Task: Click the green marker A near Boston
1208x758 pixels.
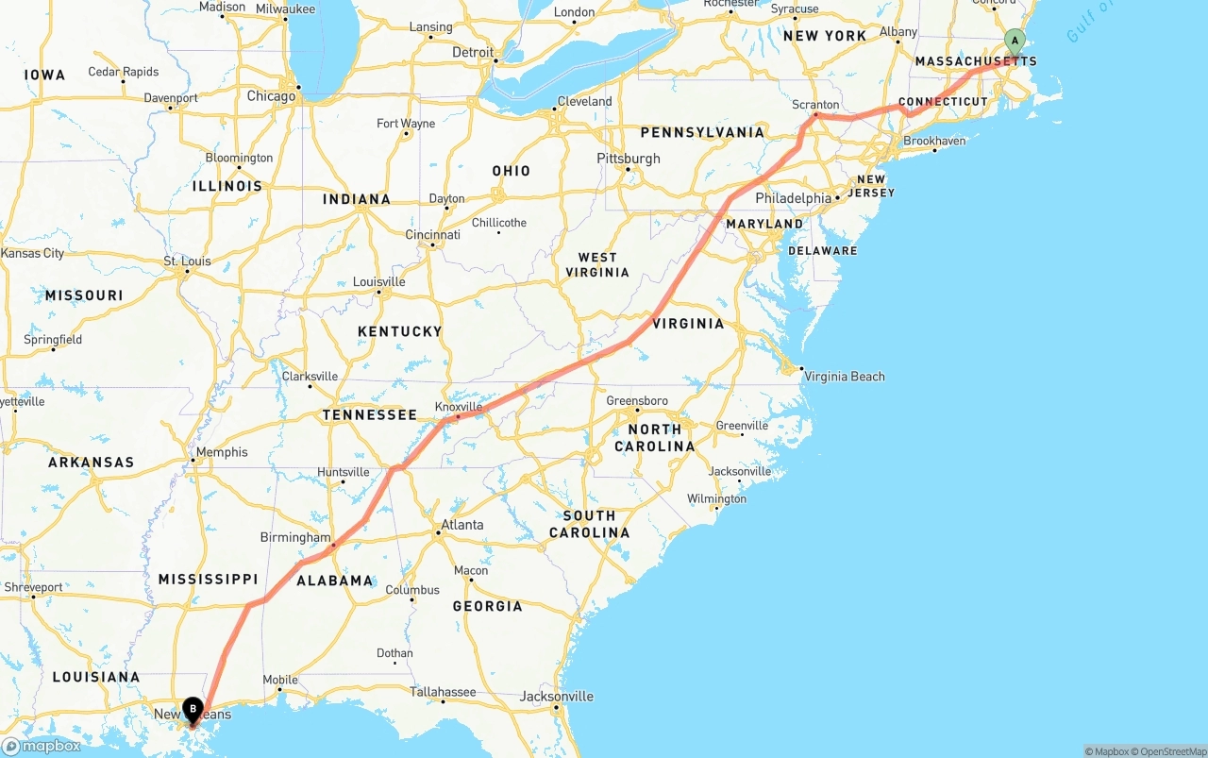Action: (1015, 41)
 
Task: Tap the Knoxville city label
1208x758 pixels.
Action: (459, 407)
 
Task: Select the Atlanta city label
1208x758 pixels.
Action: (462, 525)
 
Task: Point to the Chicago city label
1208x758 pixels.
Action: (271, 96)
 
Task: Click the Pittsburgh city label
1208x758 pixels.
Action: (629, 158)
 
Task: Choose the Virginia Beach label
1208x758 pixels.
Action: (844, 377)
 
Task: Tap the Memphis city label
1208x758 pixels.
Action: (223, 452)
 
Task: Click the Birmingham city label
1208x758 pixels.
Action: (295, 537)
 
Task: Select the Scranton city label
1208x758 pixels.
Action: (816, 105)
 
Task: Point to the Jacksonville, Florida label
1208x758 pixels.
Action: (557, 697)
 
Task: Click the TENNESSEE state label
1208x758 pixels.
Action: (369, 415)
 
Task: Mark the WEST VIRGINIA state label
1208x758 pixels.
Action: (597, 264)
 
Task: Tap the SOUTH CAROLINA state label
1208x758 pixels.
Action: (589, 524)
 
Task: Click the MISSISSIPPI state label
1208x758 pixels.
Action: (208, 579)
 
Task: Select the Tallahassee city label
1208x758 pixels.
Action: (443, 692)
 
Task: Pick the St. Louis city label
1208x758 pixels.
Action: (188, 261)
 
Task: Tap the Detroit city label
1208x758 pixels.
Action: (473, 52)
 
